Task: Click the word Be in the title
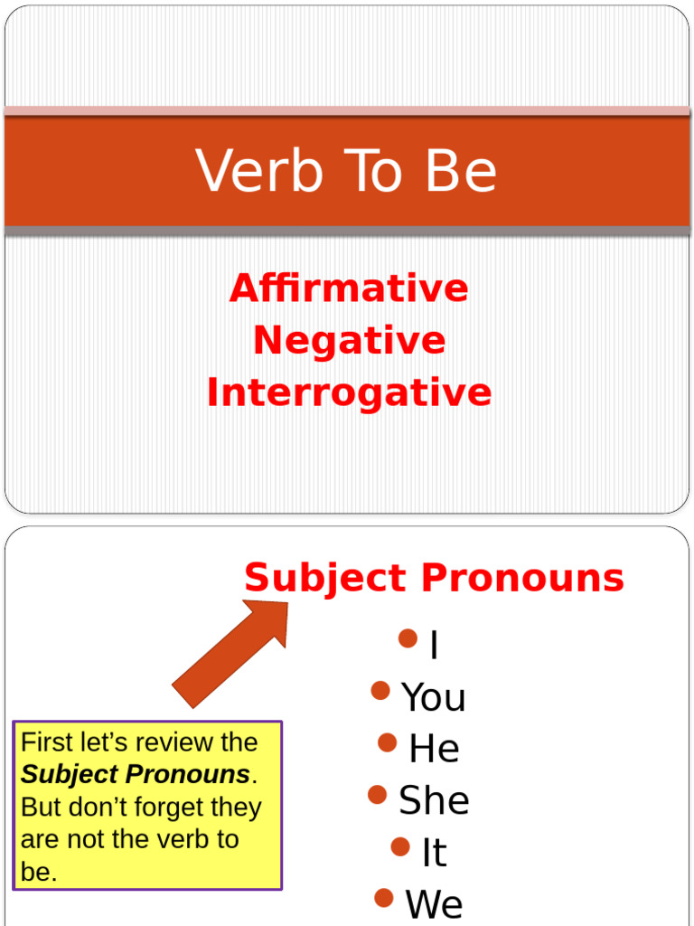pos(465,171)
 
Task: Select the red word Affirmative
pos(349,288)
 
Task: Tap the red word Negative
pos(349,341)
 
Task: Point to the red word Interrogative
pos(349,393)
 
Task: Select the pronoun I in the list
pos(435,646)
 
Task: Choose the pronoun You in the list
pos(434,698)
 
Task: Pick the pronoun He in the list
pos(435,750)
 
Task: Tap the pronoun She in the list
pos(434,801)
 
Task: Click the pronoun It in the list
pos(435,853)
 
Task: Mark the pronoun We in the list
pos(435,904)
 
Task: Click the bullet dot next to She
pos(378,795)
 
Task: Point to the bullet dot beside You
pos(380,692)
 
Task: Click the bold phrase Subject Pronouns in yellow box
pos(136,775)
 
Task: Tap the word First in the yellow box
pos(45,743)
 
